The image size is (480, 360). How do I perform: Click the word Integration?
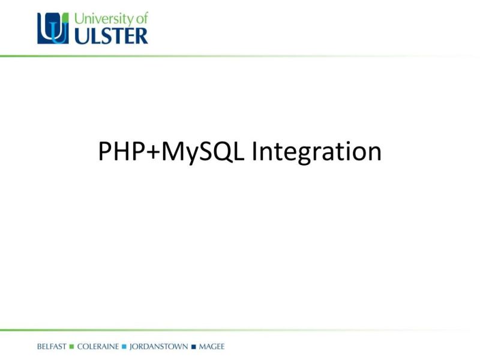pyautogui.click(x=316, y=153)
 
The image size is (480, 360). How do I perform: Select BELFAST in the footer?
pyautogui.click(x=52, y=347)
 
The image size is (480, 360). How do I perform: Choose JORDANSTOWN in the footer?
pyautogui.click(x=159, y=347)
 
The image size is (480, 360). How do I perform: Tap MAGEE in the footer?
pyautogui.click(x=212, y=347)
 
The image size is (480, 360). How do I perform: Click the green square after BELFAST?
pyautogui.click(x=71, y=347)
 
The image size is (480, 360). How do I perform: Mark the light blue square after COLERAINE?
pyautogui.click(x=124, y=347)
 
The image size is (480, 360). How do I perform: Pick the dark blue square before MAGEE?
pyautogui.click(x=194, y=347)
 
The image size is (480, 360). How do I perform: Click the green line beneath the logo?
pyautogui.click(x=180, y=56)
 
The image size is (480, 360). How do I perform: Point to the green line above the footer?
pyautogui.click(x=180, y=330)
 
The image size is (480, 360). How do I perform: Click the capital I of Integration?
pyautogui.click(x=255, y=152)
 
